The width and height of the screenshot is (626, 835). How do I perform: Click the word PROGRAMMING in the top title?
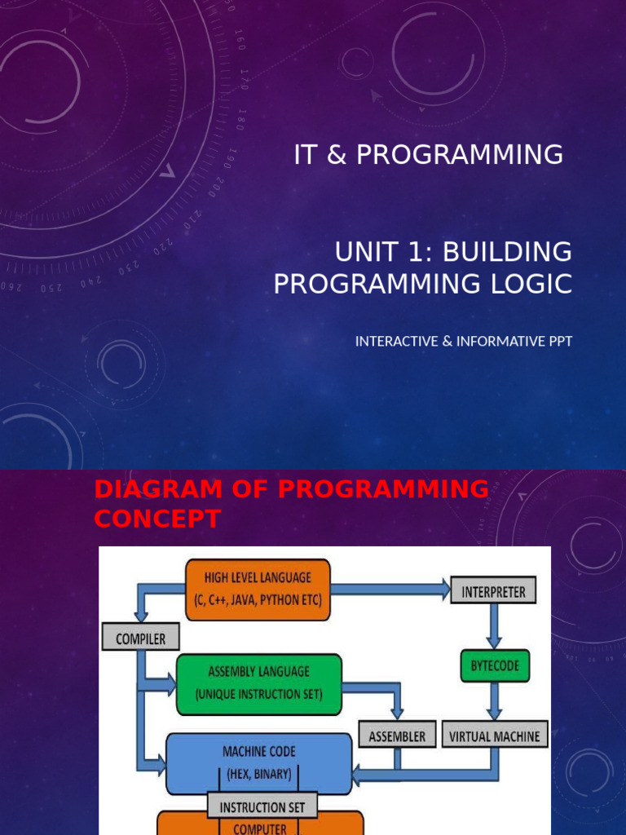[x=460, y=154]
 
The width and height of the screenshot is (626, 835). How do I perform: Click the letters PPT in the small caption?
[x=558, y=341]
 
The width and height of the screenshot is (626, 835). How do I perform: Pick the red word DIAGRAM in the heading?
[x=154, y=489]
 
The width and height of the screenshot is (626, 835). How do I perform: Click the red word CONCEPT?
[x=157, y=519]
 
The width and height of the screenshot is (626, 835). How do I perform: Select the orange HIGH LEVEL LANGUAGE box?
[x=258, y=589]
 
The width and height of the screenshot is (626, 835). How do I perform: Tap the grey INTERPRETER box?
[x=494, y=590]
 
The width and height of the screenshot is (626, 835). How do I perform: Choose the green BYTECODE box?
[x=494, y=666]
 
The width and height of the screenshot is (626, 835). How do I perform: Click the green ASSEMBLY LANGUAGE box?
[x=258, y=683]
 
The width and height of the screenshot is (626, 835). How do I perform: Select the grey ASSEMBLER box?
[x=397, y=736]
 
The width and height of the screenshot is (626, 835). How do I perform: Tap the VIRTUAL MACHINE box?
[x=494, y=736]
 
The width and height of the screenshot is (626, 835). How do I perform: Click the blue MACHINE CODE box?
[x=258, y=762]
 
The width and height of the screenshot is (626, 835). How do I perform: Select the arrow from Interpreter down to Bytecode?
[x=494, y=626]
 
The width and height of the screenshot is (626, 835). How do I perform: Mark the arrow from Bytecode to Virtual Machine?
[x=494, y=700]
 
